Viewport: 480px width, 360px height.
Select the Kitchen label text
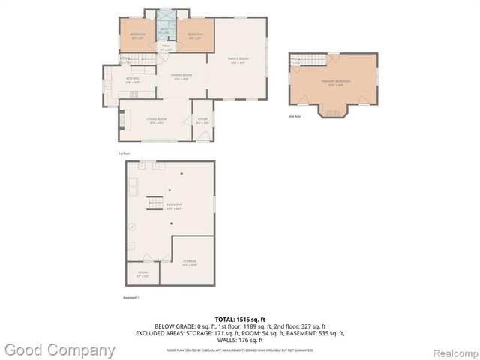[x=133, y=79]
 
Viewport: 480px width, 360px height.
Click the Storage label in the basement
[x=190, y=262]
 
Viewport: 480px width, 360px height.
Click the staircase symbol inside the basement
[x=153, y=202]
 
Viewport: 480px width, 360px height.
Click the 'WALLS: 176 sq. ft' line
[x=240, y=340]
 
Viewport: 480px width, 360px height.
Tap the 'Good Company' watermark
[x=60, y=349]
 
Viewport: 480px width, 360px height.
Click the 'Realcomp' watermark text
[x=451, y=352]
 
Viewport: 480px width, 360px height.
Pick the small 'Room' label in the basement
[x=142, y=274]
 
